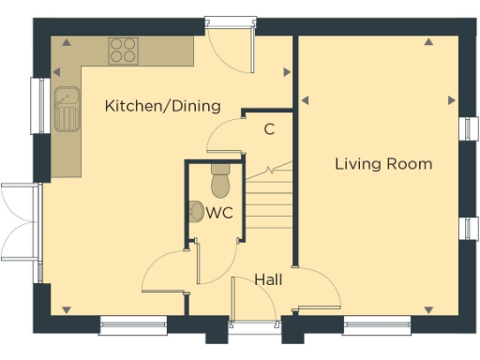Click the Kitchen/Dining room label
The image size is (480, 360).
(x=162, y=106)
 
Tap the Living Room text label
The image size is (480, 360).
(x=383, y=164)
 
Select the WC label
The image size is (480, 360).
(x=219, y=212)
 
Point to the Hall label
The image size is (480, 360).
(x=268, y=279)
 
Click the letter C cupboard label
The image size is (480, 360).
(x=268, y=129)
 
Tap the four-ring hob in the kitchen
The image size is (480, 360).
(x=122, y=50)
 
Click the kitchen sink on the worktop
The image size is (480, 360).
(x=67, y=106)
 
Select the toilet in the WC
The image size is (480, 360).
(x=221, y=177)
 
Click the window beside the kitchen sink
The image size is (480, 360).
(x=39, y=106)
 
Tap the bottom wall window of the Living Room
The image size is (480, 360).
(x=377, y=325)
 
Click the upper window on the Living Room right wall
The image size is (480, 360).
(x=466, y=129)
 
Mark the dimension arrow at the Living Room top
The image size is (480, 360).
(x=427, y=41)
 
